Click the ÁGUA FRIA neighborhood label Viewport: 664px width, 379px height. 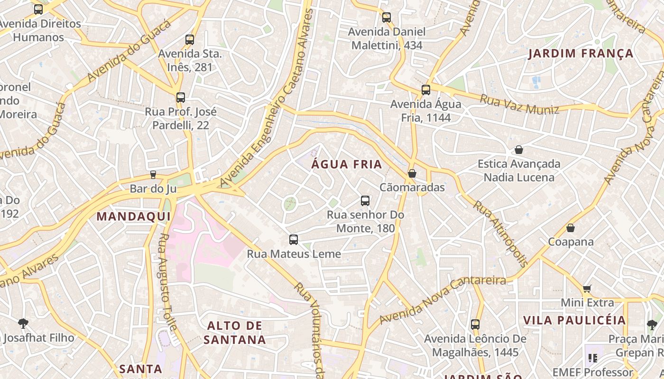tap(347, 164)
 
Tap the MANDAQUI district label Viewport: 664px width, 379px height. tap(133, 217)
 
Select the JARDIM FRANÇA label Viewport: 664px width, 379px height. tap(581, 54)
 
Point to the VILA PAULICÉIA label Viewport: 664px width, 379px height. tap(574, 320)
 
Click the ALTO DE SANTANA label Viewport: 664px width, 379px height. tap(235, 333)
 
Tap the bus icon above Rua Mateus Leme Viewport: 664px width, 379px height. tap(294, 240)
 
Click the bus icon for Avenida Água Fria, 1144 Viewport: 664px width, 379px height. tap(426, 90)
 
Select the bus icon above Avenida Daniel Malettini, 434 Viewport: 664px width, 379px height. tap(387, 18)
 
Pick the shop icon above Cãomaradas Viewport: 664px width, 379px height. tap(412, 173)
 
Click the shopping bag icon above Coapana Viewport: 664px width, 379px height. tap(571, 228)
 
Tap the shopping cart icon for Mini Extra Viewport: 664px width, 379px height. tap(587, 289)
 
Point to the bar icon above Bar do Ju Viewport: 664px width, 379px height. tap(153, 175)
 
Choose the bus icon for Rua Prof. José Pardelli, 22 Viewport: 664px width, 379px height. tap(181, 98)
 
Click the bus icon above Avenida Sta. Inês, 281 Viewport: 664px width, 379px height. tap(190, 40)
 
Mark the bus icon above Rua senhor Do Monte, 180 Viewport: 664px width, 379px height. tap(365, 201)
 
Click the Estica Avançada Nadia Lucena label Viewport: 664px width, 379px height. tap(518, 171)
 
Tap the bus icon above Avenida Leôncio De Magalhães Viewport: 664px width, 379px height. tap(475, 325)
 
